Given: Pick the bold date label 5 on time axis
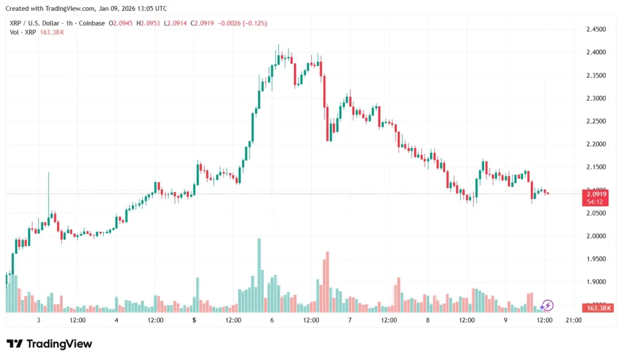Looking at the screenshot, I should [x=194, y=320].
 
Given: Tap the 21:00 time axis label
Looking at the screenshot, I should [x=573, y=320].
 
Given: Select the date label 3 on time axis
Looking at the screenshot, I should [x=38, y=320].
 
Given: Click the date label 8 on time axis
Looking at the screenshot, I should [x=428, y=320].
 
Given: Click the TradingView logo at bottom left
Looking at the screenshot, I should [x=50, y=344].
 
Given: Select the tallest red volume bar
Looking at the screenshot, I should [x=327, y=281].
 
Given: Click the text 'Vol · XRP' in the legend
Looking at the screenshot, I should [x=22, y=32].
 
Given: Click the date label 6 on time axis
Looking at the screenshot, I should [x=272, y=320].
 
